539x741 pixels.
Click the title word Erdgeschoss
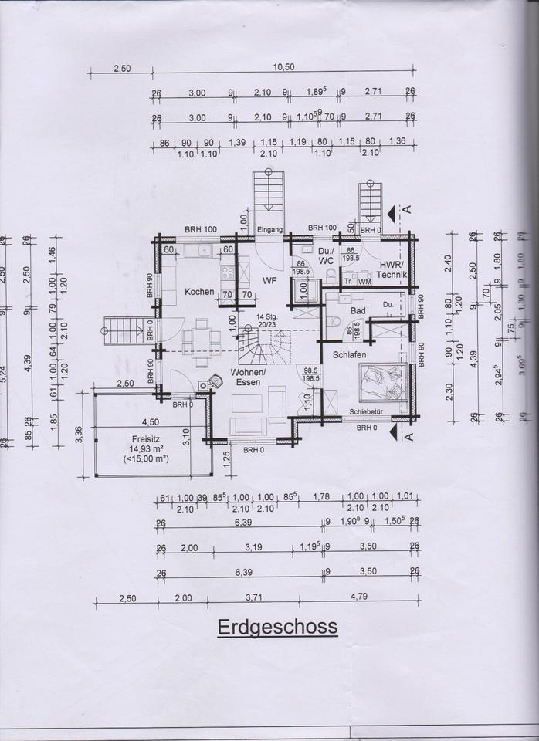coord(277,626)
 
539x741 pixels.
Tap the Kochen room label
coord(198,291)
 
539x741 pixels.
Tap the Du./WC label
coord(325,256)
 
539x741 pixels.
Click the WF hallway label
coord(269,280)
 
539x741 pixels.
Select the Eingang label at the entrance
coord(270,229)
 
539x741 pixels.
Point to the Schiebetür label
coord(367,411)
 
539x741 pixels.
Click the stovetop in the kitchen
coord(229,272)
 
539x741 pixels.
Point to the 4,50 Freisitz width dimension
coord(151,422)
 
